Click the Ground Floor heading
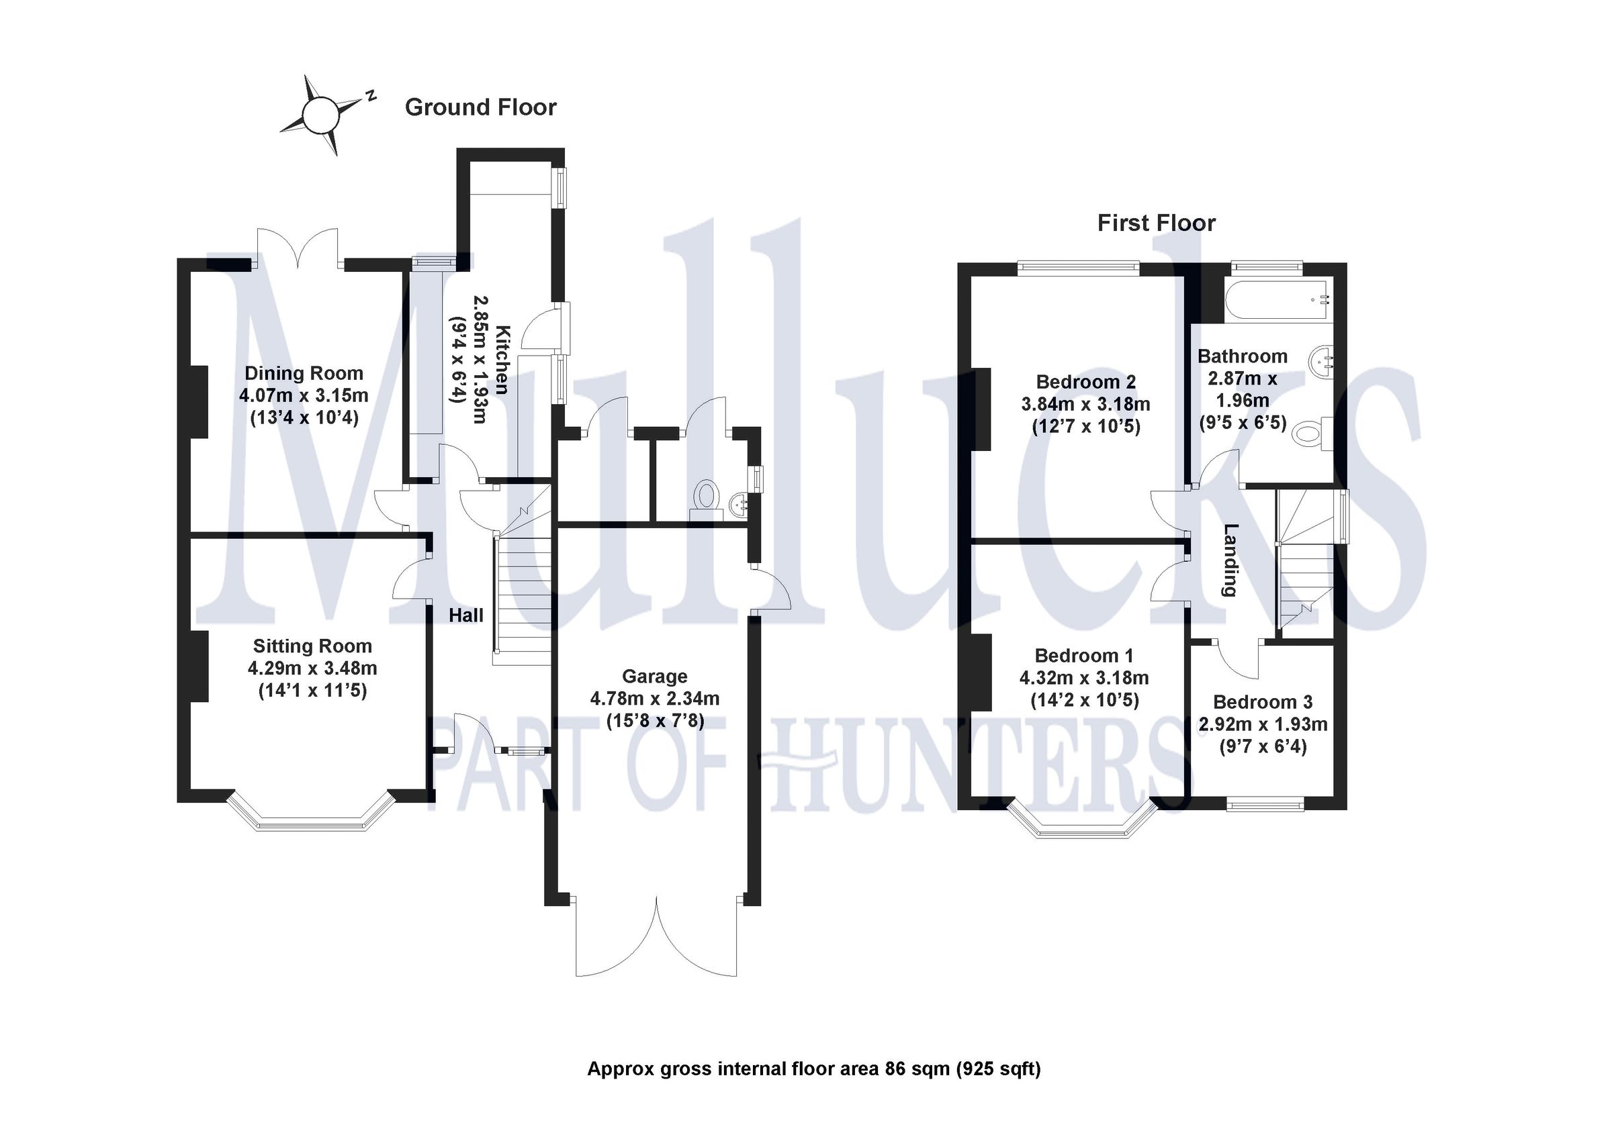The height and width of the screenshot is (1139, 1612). [x=480, y=107]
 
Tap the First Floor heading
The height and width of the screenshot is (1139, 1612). [x=1157, y=223]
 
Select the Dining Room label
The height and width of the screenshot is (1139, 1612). [x=304, y=373]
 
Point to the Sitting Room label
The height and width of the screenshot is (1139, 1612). [x=312, y=646]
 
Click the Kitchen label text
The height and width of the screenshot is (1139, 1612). [x=502, y=359]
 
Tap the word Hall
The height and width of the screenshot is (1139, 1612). [x=466, y=615]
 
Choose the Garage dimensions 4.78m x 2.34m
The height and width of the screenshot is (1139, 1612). [x=654, y=699]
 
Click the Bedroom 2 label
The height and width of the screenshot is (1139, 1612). [x=1085, y=382]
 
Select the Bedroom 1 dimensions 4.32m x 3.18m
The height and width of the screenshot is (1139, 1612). [x=1084, y=678]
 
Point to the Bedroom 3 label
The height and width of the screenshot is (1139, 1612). [x=1262, y=702]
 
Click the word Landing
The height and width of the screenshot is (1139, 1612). [x=1229, y=560]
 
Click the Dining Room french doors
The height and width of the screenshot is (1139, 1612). [x=298, y=250]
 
